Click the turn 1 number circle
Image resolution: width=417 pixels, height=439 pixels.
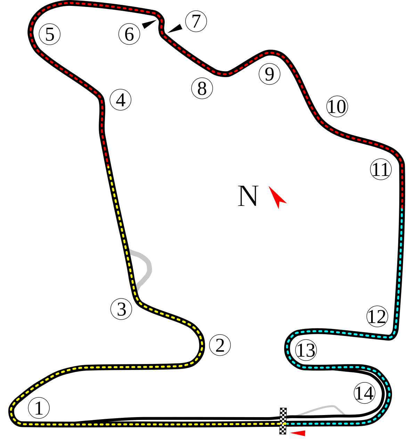point(39,408)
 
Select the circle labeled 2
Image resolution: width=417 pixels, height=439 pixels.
point(220,345)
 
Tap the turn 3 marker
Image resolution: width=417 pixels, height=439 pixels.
point(121,309)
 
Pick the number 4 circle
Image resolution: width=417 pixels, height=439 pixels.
point(120,100)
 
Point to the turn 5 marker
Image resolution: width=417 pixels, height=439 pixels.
point(50,34)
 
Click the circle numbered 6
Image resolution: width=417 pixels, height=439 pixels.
point(129,34)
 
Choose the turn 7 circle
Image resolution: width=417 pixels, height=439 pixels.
point(196,22)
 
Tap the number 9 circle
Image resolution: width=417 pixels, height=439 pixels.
point(270,74)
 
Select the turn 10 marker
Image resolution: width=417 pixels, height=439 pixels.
point(337,107)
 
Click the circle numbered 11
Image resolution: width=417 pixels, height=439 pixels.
point(381,169)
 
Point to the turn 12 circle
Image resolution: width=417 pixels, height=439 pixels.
point(377,316)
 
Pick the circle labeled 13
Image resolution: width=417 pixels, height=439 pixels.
point(306,350)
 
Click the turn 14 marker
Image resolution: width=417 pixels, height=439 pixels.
point(364,393)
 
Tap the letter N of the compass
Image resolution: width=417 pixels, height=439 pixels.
point(248,196)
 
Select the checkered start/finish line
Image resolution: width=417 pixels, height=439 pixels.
point(283,421)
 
